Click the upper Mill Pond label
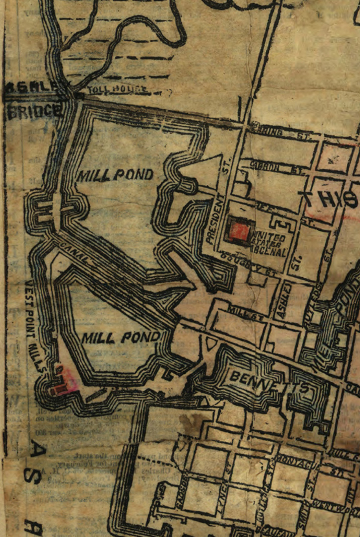[116, 175]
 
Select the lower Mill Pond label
[121, 338]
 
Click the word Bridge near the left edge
[35, 111]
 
